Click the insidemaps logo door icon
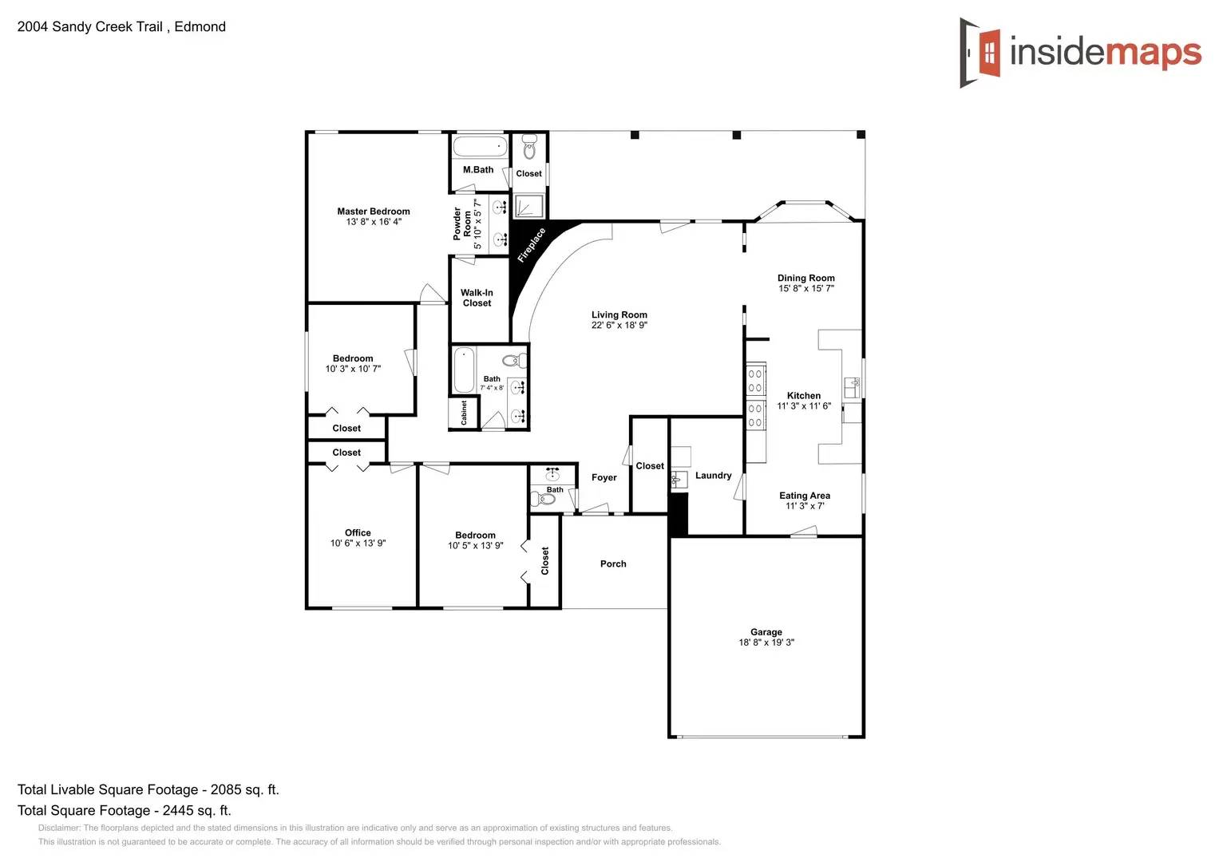pyautogui.click(x=981, y=53)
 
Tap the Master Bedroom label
pyautogui.click(x=373, y=212)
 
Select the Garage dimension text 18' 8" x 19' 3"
pyautogui.click(x=766, y=643)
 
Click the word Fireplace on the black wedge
pyautogui.click(x=531, y=245)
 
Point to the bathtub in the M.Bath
pyautogui.click(x=480, y=147)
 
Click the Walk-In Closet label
pyautogui.click(x=477, y=298)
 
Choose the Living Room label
pyautogui.click(x=619, y=314)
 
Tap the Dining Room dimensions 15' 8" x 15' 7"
pyautogui.click(x=805, y=289)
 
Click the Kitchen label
pyautogui.click(x=803, y=395)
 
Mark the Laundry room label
pyautogui.click(x=713, y=476)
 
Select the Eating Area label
pyautogui.click(x=804, y=496)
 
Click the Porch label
pyautogui.click(x=612, y=563)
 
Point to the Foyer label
pyautogui.click(x=604, y=477)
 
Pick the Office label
pyautogui.click(x=358, y=532)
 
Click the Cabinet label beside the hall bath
pyautogui.click(x=464, y=413)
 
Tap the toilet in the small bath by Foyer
pyautogui.click(x=546, y=500)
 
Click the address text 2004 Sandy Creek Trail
pyautogui.click(x=90, y=26)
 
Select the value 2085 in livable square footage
pyautogui.click(x=225, y=789)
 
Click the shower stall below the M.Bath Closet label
pyautogui.click(x=528, y=206)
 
